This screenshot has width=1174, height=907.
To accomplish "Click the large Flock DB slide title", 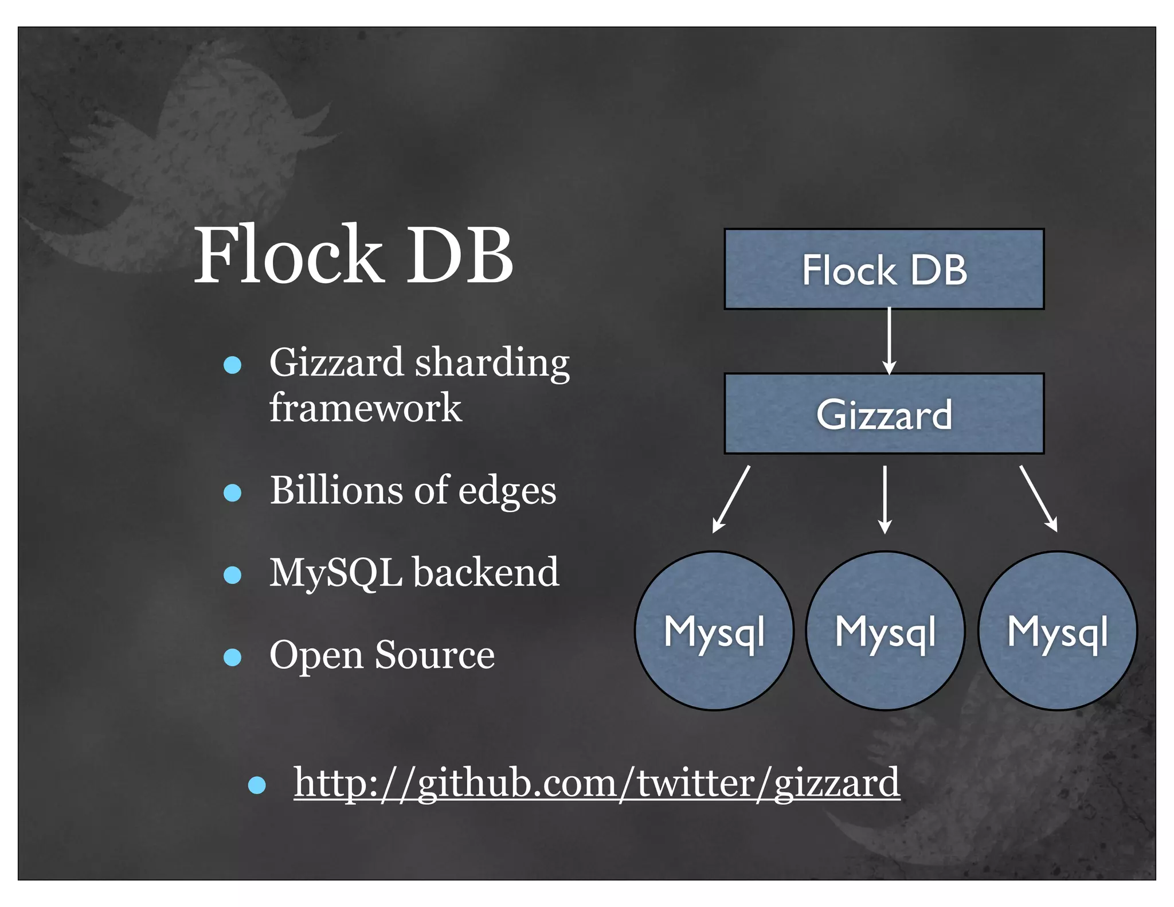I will click(354, 255).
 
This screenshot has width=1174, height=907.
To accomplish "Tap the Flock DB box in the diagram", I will click(884, 269).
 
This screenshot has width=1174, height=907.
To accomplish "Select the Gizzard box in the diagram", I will click(884, 414).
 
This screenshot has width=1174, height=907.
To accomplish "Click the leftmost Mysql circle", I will click(714, 631).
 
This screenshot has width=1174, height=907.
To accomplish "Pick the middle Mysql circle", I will click(885, 631).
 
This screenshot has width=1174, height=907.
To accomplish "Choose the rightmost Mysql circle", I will click(1058, 631).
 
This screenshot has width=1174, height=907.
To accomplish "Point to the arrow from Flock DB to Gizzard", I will click(889, 341).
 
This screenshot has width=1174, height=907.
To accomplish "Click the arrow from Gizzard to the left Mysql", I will click(731, 499).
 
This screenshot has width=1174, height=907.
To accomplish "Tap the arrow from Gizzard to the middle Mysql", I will click(885, 499).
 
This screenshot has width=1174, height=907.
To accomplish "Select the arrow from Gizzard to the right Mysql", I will click(1038, 498).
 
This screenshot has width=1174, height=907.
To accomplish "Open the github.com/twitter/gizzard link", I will click(597, 783).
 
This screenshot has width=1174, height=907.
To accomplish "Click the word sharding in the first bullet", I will click(492, 363).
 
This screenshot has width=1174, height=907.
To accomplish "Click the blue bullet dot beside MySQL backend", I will click(232, 574).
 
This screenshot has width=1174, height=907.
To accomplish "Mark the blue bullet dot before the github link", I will click(257, 785).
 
